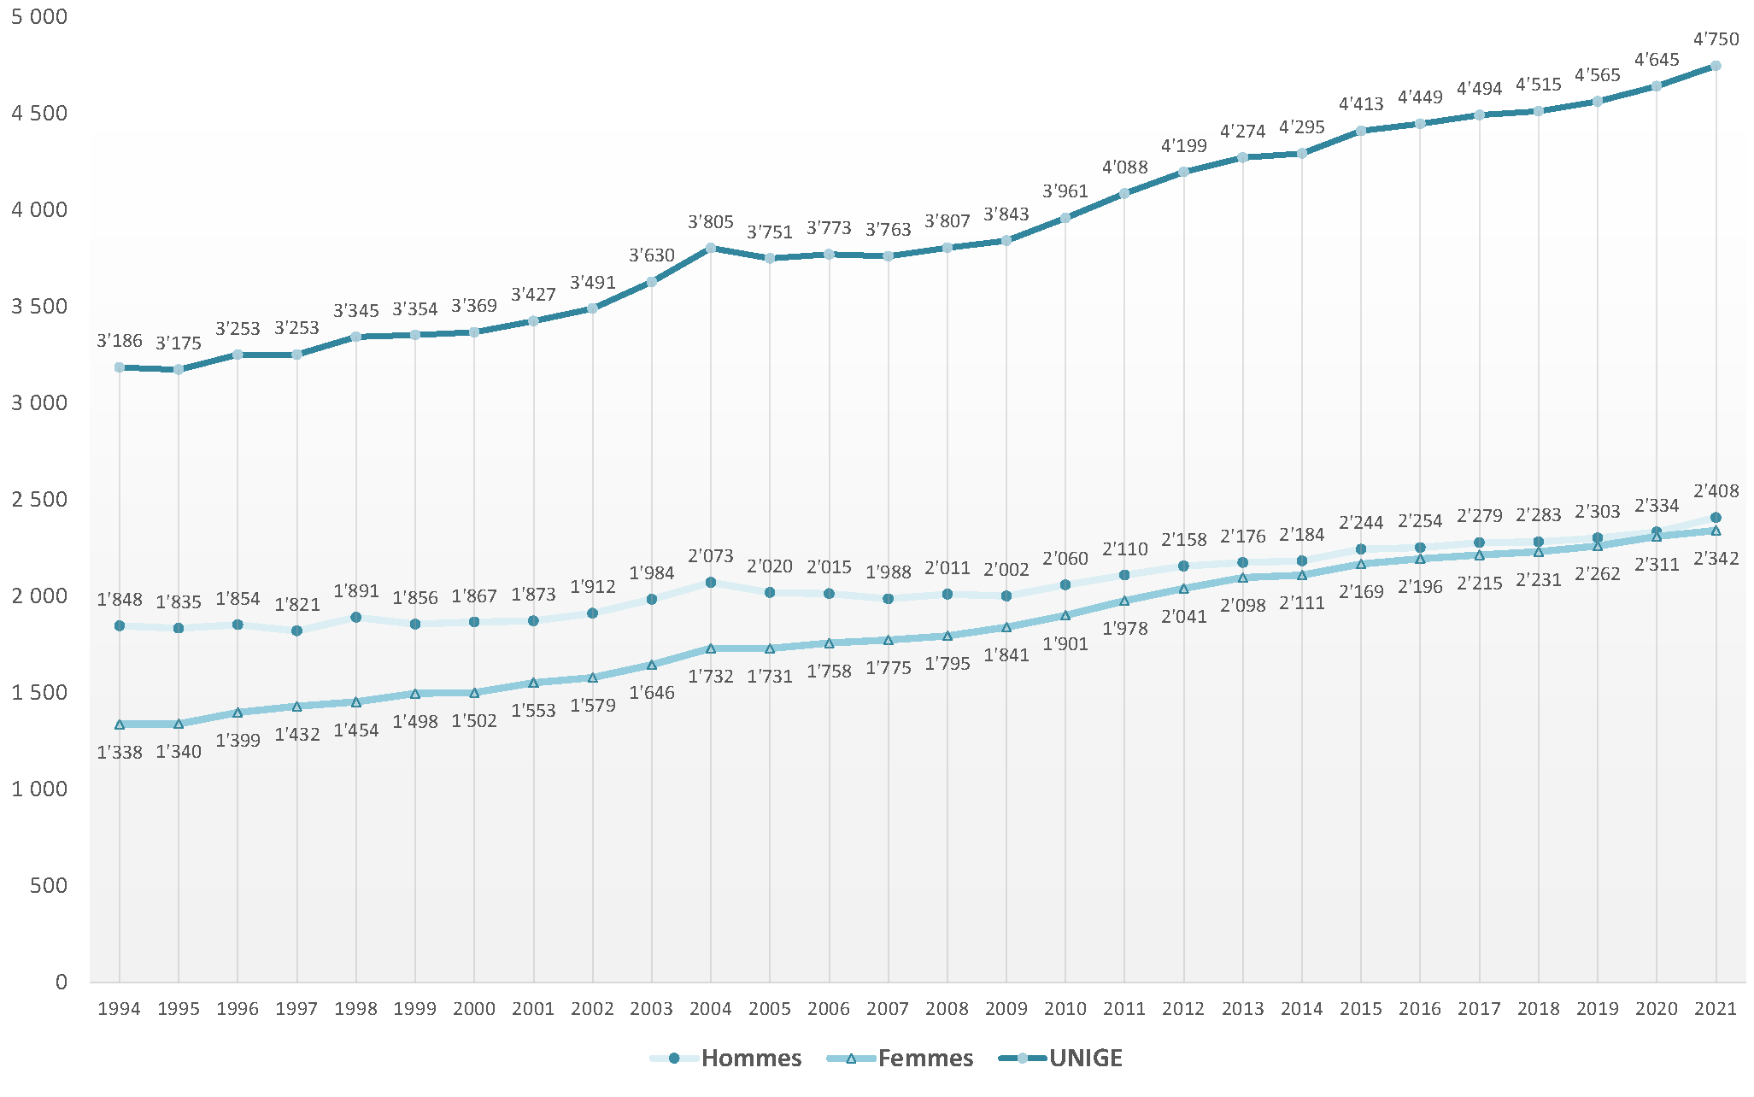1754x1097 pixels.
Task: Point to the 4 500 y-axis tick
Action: [39, 114]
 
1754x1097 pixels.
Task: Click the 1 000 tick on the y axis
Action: [39, 789]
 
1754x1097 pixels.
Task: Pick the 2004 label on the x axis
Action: [711, 1009]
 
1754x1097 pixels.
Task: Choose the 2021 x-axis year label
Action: [1716, 1009]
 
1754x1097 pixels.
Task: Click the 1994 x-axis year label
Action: [120, 1009]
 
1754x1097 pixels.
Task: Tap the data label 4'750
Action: [1716, 39]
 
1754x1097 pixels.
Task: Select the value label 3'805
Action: [711, 222]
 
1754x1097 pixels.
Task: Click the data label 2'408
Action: [1716, 491]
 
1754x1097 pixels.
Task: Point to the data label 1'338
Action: [120, 753]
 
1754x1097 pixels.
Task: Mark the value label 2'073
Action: [711, 556]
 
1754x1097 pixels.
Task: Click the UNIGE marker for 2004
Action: [711, 248]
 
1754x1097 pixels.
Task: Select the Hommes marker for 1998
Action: [356, 617]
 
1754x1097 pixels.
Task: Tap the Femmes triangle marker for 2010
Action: [1065, 615]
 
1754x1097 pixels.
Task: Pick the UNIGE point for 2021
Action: [1716, 66]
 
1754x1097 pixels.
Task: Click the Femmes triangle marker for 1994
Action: [120, 724]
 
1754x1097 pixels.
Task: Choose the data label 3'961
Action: [1065, 191]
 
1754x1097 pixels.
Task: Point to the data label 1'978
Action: [1124, 629]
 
